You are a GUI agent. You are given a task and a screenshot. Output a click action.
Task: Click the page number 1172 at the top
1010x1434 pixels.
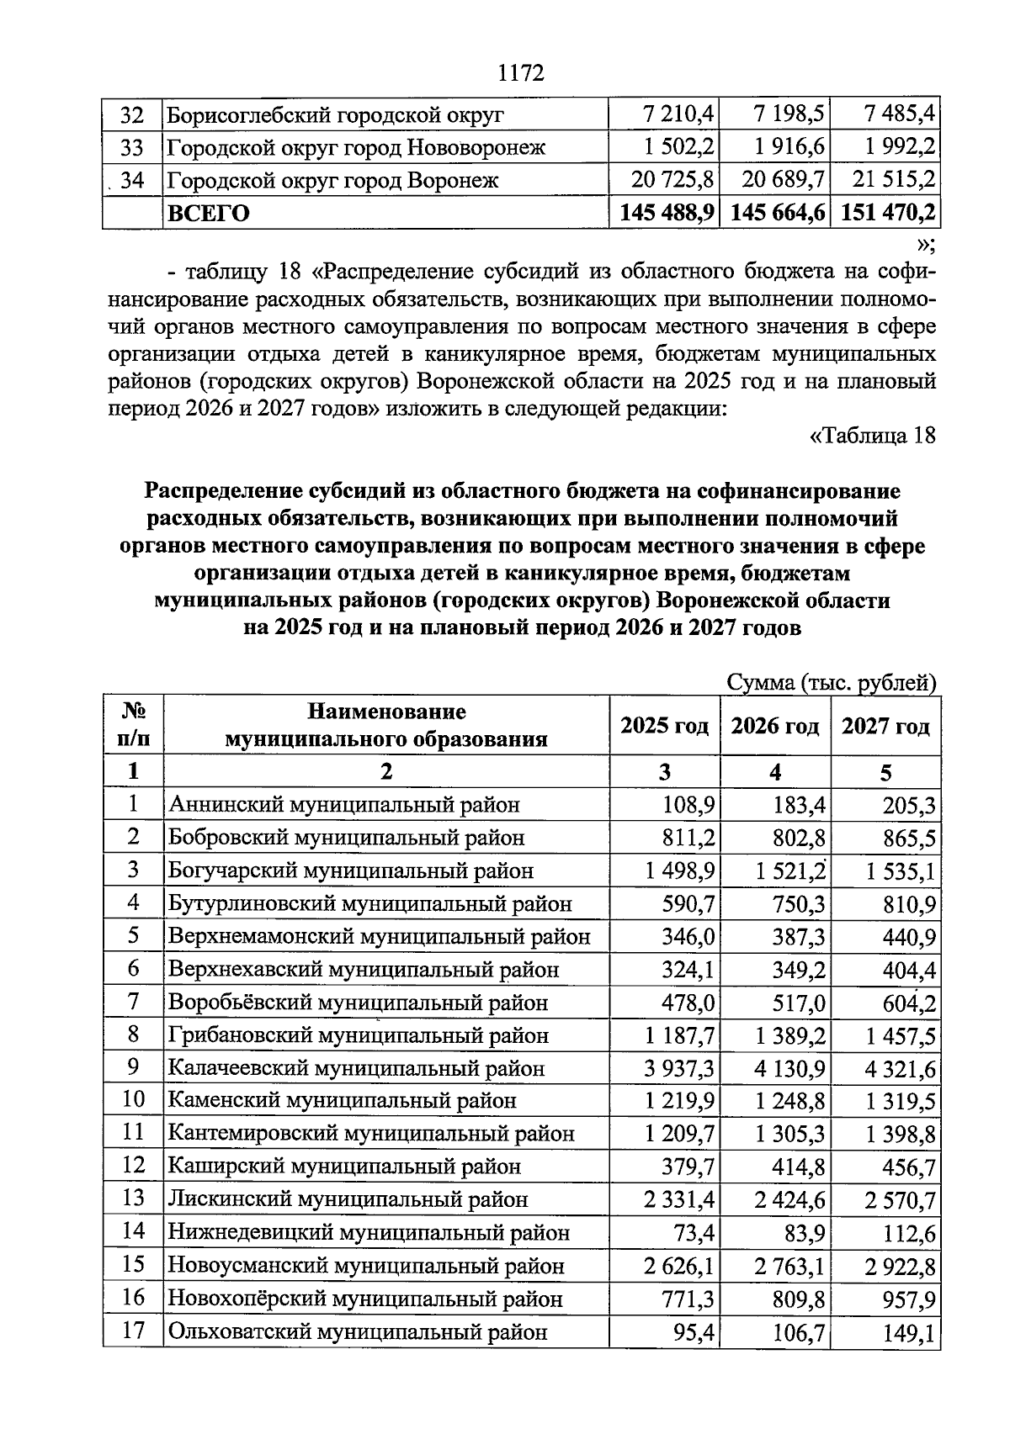click(x=521, y=73)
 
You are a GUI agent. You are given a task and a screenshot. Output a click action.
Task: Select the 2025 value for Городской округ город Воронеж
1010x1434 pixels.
click(x=672, y=180)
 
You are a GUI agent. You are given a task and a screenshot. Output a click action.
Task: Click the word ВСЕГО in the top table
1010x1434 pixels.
click(x=209, y=214)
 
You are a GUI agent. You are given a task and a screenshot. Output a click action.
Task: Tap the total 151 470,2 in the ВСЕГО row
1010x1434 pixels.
click(x=885, y=213)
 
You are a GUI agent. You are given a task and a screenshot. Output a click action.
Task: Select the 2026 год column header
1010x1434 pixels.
click(x=774, y=726)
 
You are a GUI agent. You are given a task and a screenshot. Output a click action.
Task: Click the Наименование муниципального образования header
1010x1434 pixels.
click(x=385, y=725)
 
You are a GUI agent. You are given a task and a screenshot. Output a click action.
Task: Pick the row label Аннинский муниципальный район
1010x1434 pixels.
click(x=343, y=805)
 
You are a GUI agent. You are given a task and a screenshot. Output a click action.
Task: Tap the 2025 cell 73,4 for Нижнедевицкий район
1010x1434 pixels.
click(x=695, y=1233)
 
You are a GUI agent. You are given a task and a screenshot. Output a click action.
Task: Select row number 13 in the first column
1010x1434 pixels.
click(x=133, y=1199)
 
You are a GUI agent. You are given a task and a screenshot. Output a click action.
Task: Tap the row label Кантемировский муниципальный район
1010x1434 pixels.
click(x=371, y=1134)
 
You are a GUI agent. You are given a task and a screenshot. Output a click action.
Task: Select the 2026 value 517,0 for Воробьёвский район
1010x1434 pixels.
click(x=799, y=1003)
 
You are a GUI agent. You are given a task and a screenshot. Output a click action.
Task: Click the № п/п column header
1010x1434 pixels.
click(x=133, y=725)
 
